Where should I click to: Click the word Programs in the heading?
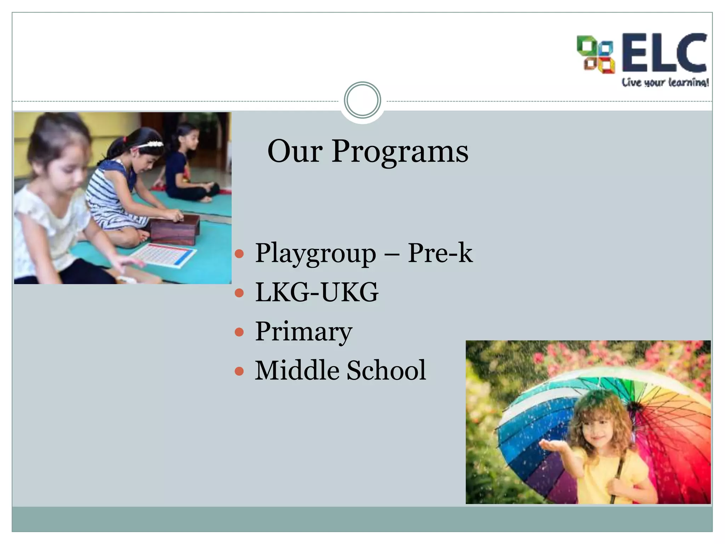point(400,152)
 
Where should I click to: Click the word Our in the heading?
point(295,152)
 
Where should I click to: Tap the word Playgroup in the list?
point(315,254)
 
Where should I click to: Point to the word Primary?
point(303,332)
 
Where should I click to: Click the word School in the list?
point(386,370)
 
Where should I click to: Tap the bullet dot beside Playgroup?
point(239,254)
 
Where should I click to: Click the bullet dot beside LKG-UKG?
point(239,293)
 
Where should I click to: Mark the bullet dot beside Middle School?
point(239,371)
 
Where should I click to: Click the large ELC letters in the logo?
point(664,53)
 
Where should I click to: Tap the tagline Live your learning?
point(665,83)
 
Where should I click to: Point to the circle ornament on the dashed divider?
point(362,100)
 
